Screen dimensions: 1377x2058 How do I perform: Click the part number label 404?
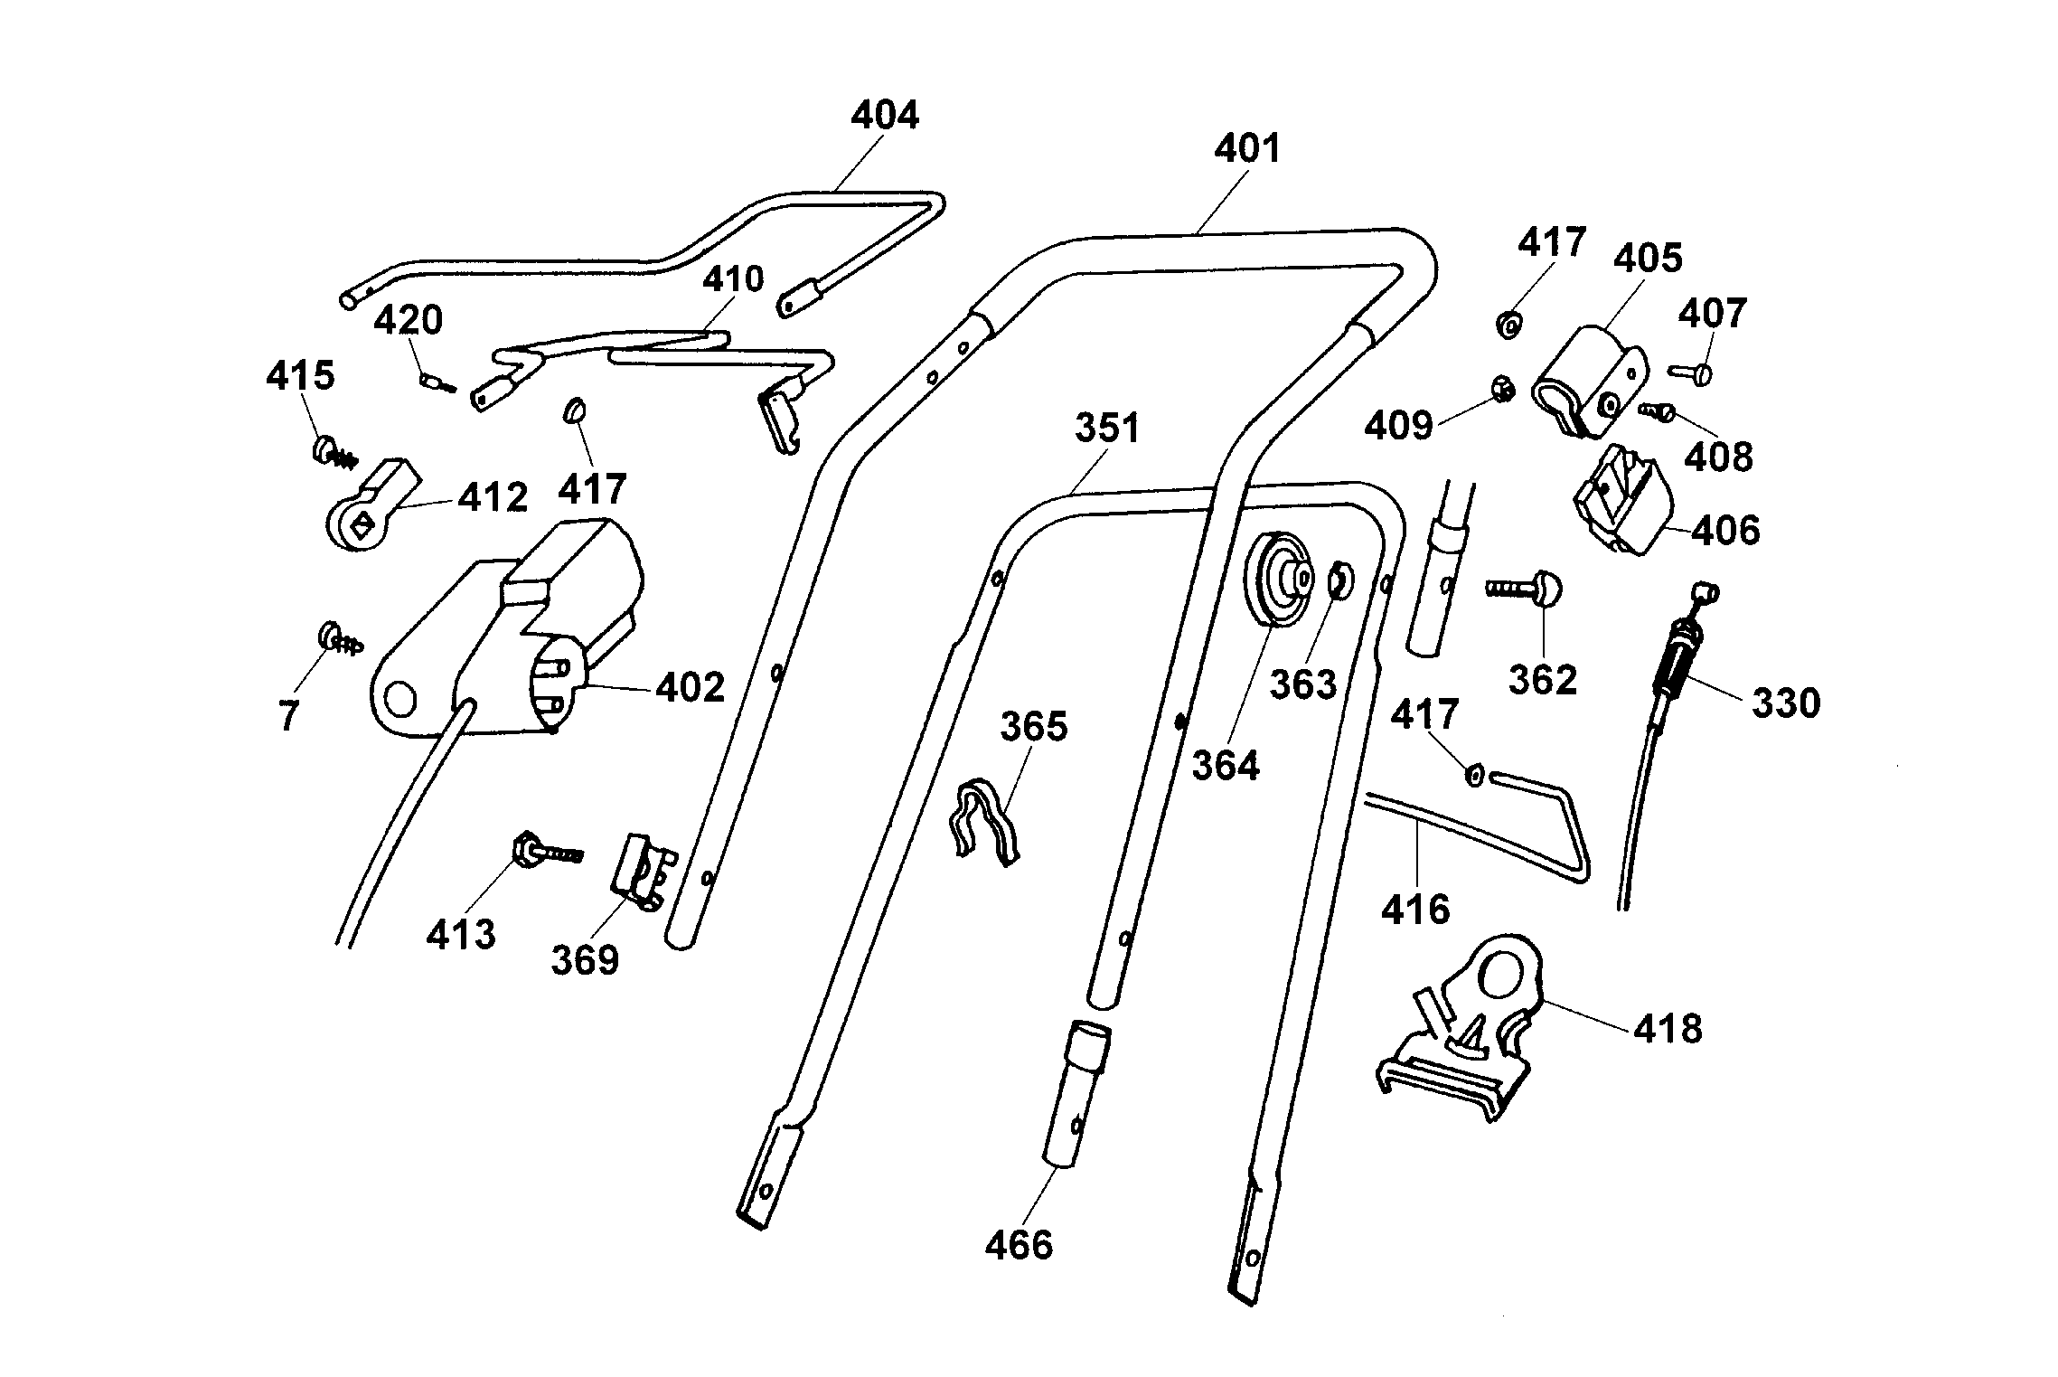pos(885,116)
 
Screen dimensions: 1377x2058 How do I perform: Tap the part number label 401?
pos(1247,148)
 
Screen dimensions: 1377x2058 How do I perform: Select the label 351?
pos(1107,429)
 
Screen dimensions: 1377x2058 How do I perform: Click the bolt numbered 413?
pos(542,850)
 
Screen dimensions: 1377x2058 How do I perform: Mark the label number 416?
pos(1415,908)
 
